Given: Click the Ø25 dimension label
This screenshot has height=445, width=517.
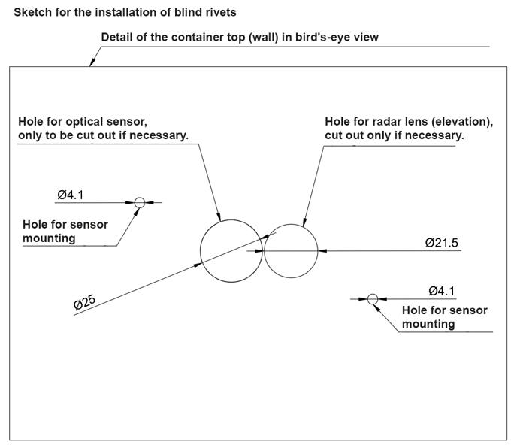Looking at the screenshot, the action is point(85,302).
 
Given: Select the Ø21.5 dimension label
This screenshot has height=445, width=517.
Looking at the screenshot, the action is point(442,243).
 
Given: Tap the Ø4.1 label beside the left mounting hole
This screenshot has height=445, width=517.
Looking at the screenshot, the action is point(70,195).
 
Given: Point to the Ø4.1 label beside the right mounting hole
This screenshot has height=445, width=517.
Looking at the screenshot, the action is point(442,291).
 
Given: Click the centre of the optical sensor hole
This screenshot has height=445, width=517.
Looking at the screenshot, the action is point(231,251).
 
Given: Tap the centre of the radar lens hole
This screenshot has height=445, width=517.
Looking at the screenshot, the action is point(291,251).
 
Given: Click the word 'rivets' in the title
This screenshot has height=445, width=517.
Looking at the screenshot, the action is point(222,12).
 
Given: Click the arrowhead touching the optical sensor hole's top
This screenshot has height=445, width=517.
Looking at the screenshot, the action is point(218,216).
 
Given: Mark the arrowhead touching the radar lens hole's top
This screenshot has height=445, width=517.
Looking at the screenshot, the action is point(305,222).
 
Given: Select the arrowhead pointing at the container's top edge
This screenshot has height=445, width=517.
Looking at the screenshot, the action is point(92,62).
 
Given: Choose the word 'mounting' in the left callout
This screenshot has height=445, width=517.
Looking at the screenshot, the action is point(49,238).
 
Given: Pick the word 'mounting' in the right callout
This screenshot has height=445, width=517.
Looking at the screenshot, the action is point(428,324).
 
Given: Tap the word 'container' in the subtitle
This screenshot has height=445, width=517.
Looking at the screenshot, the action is point(199,38).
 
